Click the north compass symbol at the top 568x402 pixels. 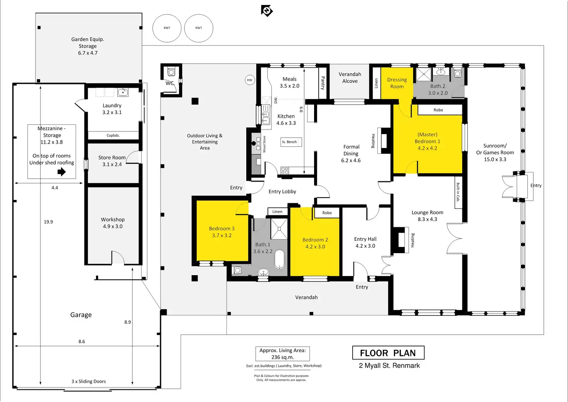click(x=267, y=11)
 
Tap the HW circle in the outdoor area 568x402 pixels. click(x=250, y=80)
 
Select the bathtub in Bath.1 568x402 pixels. click(x=280, y=259)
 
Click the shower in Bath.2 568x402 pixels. click(x=424, y=75)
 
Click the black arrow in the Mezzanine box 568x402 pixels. click(x=62, y=172)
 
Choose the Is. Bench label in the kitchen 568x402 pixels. click(x=289, y=142)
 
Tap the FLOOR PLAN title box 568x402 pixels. click(x=388, y=353)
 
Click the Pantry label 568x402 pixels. click(x=323, y=83)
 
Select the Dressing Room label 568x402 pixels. click(x=397, y=83)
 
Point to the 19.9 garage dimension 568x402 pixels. click(x=48, y=222)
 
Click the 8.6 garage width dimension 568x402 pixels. click(x=82, y=342)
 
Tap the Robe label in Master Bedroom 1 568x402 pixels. click(x=438, y=110)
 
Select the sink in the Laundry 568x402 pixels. click(x=123, y=92)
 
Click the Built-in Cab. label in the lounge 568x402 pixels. click(x=458, y=192)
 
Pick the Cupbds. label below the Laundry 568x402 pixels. click(x=113, y=135)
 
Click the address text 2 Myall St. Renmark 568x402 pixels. click(x=389, y=365)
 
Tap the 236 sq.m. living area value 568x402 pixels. click(x=282, y=357)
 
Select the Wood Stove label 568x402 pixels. click(x=264, y=144)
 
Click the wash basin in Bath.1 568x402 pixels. click(x=264, y=272)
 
